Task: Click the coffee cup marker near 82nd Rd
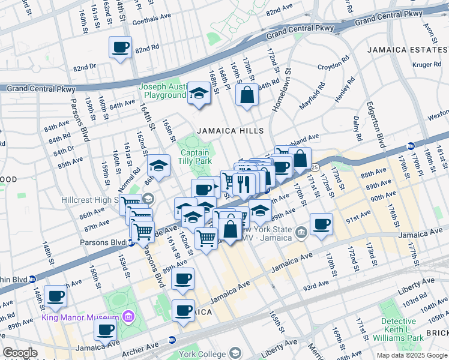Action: (119, 47)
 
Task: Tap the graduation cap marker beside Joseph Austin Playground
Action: (199, 93)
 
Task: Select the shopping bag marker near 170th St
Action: (247, 95)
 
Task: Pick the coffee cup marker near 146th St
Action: (56, 296)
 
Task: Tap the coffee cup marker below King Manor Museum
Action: (106, 329)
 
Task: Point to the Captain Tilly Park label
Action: (195, 157)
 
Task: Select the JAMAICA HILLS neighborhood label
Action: (231, 131)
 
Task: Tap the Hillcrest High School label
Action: (100, 200)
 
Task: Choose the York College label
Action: (203, 353)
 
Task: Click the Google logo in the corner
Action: (20, 353)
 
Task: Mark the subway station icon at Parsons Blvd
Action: (131, 243)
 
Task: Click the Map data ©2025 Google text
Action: (411, 355)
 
